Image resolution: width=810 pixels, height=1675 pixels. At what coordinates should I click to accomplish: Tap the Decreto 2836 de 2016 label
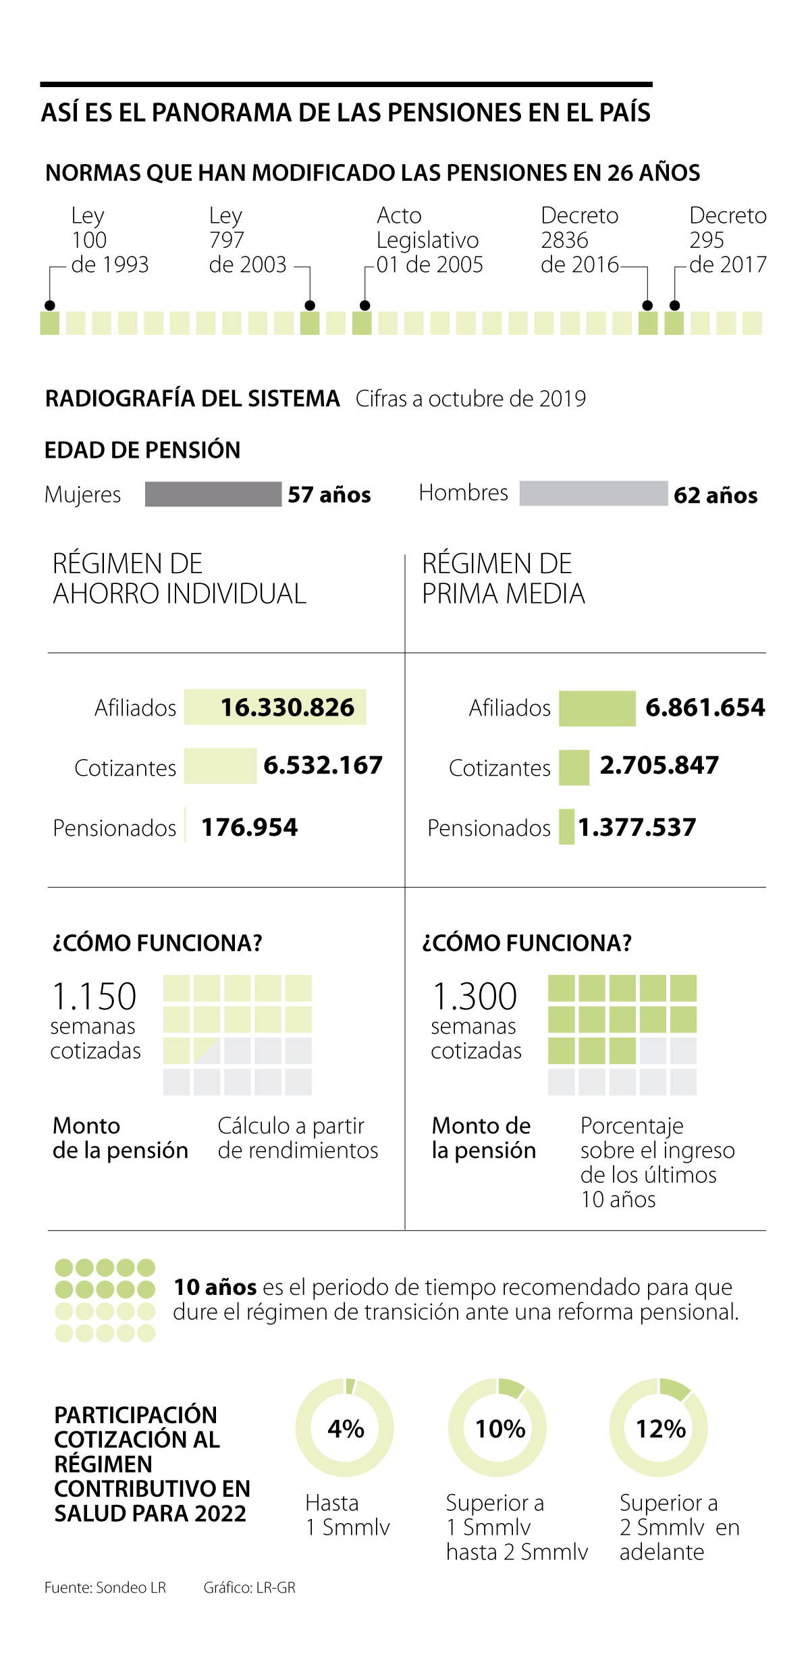pos(579,240)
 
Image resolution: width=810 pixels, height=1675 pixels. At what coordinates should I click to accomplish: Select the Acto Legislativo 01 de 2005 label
pos(429,240)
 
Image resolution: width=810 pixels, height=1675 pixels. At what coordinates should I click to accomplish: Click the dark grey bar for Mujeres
pos(213,494)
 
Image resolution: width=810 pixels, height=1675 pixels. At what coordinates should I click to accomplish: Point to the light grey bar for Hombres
pos(593,494)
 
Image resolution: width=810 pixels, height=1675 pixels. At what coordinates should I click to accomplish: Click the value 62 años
pos(715,496)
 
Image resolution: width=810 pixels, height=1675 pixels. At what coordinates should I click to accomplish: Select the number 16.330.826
pos(288,708)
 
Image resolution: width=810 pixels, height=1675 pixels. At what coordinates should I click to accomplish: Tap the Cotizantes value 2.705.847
pos(659,766)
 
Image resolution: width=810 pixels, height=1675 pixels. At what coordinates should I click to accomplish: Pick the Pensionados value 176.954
pos(249,828)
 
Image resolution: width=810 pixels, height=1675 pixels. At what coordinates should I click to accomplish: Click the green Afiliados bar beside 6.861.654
pos(597,708)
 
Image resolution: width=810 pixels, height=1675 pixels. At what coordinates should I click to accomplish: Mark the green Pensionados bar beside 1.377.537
pos(566,827)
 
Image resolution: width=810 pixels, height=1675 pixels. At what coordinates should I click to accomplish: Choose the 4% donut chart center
pos(345,1428)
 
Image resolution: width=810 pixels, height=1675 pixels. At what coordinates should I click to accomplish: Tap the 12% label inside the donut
pos(660,1429)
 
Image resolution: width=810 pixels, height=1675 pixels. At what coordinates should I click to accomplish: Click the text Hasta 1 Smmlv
pos(347,1515)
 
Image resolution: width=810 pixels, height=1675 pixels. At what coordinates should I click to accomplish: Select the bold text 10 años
pos(215,1287)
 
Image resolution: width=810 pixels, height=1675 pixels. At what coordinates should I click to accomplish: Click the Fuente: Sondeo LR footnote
pos(105,1587)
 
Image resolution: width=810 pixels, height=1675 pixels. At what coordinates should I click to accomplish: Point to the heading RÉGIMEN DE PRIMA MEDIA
pos(503,579)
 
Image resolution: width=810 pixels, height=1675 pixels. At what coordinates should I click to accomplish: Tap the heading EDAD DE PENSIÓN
pos(142,450)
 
